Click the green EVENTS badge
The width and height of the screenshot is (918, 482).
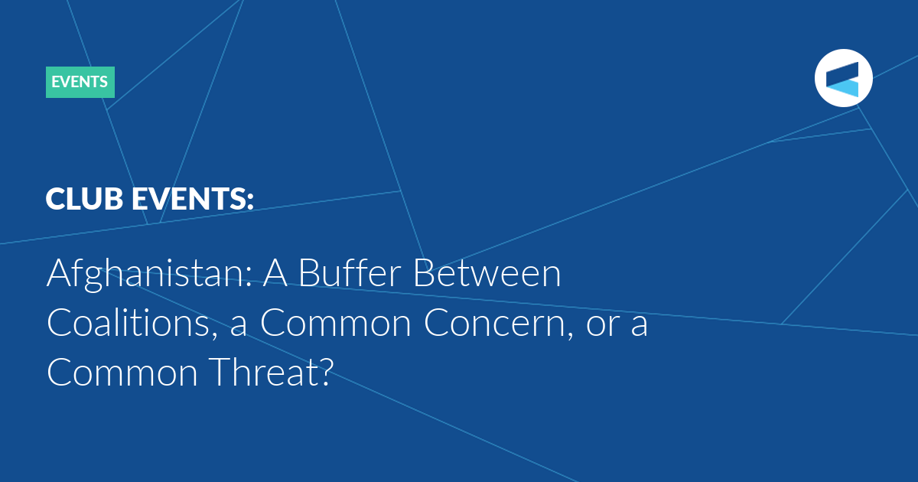[x=80, y=82]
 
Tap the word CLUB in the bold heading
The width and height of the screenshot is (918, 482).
[x=84, y=199]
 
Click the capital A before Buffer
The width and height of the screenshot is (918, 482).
[x=275, y=272]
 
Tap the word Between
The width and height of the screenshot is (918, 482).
[x=487, y=272]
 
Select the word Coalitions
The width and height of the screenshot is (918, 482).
[x=132, y=323]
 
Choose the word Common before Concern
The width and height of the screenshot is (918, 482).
[x=336, y=323]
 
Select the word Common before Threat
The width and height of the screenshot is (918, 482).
[x=122, y=373]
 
